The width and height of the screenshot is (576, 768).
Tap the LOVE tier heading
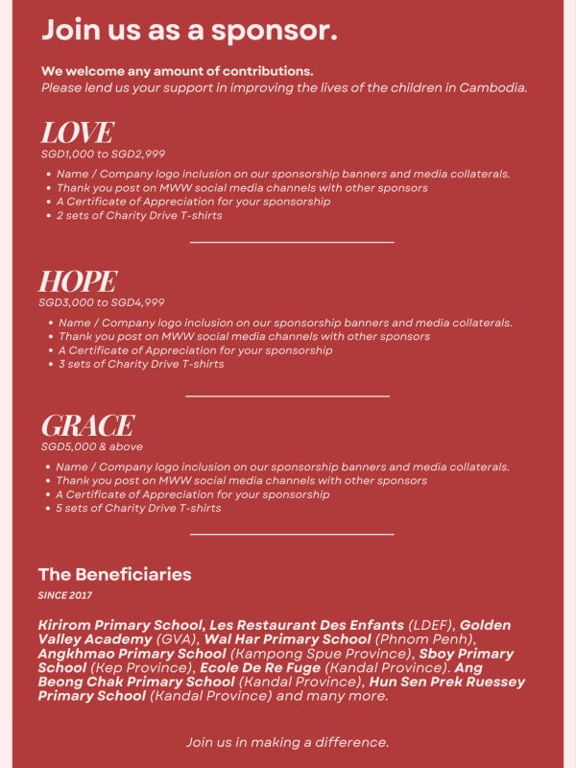(77, 132)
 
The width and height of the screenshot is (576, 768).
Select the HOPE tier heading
(78, 281)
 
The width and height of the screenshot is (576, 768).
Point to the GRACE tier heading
(87, 425)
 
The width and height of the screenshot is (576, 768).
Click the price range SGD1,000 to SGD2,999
(103, 154)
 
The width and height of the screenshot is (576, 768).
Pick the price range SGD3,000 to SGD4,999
(102, 302)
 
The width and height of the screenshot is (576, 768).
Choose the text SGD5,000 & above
(91, 446)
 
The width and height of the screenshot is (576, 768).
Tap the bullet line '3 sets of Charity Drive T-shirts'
(141, 364)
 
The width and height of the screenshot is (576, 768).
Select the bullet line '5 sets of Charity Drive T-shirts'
(139, 508)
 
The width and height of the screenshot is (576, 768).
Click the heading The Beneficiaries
(114, 574)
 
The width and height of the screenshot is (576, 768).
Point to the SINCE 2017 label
(64, 595)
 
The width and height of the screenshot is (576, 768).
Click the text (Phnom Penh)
(425, 639)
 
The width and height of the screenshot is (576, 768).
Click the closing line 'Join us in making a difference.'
(287, 742)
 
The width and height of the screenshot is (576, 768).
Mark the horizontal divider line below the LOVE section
(292, 243)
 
